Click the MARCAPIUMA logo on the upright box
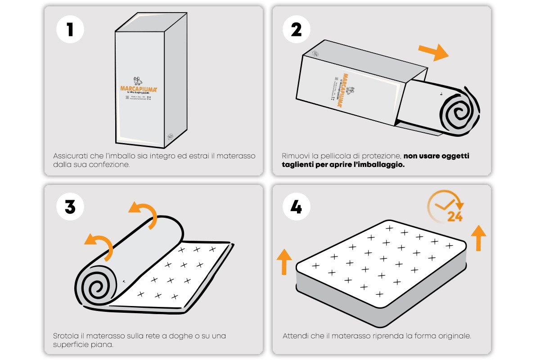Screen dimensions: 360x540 point(138,89)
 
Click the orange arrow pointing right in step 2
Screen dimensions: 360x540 point(433,51)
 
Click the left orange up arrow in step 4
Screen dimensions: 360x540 point(283,261)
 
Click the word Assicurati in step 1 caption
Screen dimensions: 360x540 point(67,156)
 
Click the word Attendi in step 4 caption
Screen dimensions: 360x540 point(294,336)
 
